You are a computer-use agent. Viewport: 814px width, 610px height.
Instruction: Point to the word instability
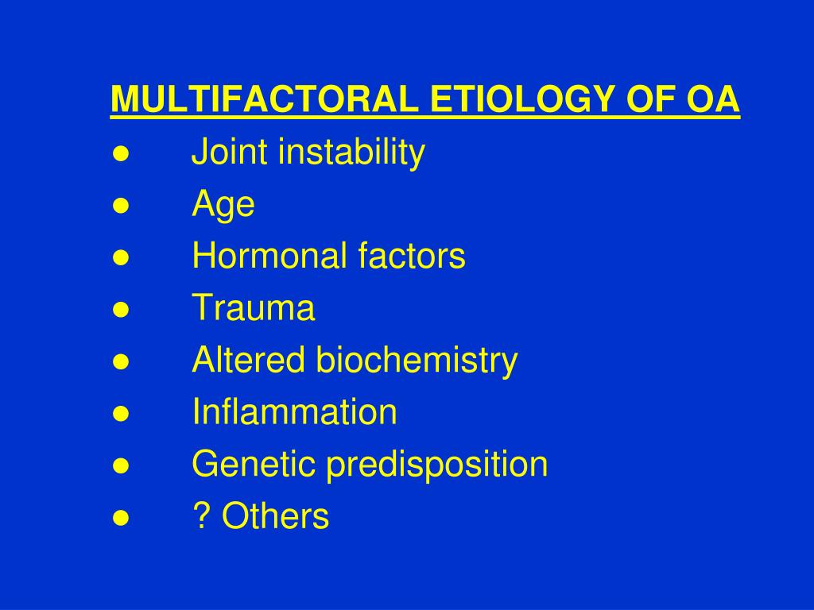click(351, 152)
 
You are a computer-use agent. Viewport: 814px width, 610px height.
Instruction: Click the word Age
click(223, 205)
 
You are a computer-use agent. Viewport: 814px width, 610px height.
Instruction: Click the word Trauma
click(254, 308)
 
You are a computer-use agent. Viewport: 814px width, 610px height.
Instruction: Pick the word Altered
click(249, 361)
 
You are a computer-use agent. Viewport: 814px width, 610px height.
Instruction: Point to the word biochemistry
click(417, 361)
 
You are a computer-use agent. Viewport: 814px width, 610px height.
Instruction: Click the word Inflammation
click(294, 412)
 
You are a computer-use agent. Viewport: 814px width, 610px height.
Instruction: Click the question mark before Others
click(200, 516)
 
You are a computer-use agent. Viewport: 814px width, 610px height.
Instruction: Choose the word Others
click(275, 516)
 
